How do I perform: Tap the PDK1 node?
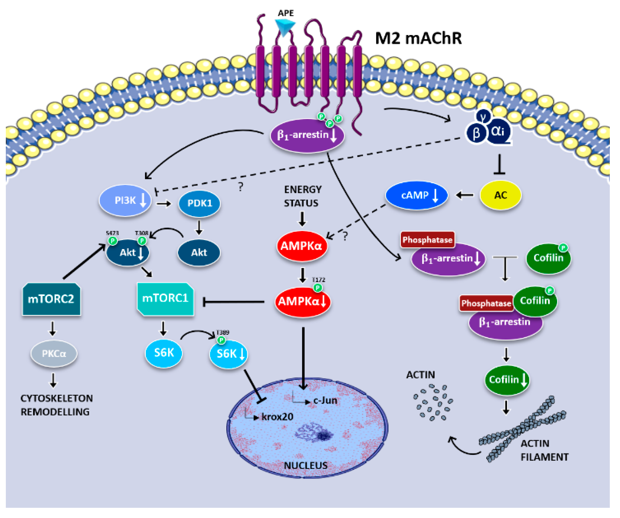199,203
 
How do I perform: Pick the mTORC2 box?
51,299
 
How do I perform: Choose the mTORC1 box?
165,299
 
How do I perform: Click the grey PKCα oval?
54,354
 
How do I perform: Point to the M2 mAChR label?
418,38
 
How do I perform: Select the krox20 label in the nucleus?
277,417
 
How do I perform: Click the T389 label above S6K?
222,333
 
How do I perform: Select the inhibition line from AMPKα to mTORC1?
233,302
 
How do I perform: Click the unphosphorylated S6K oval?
164,353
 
